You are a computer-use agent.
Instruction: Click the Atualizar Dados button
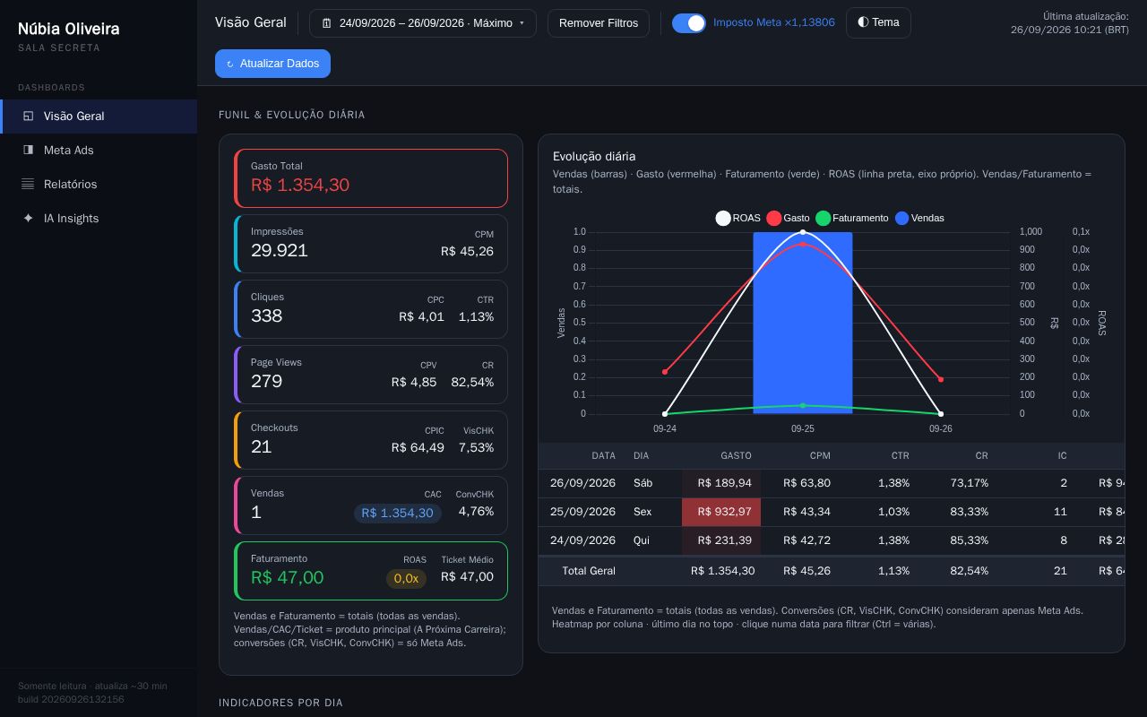tap(272, 64)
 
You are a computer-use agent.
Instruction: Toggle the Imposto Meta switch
tap(688, 23)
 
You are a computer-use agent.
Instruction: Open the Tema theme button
tap(878, 22)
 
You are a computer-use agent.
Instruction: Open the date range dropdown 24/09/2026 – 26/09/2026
tap(422, 23)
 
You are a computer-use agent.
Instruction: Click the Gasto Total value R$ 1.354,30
tap(300, 185)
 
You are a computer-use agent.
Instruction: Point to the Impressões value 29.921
tap(279, 250)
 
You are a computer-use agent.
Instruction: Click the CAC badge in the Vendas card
tap(397, 513)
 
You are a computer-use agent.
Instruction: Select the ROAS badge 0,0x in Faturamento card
tap(406, 578)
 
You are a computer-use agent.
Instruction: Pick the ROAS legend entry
tap(737, 218)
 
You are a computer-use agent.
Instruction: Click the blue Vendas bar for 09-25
tap(802, 323)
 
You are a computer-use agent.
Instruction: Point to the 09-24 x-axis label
tap(665, 428)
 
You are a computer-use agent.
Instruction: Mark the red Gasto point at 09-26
tap(941, 379)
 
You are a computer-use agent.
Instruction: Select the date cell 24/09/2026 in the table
tap(582, 540)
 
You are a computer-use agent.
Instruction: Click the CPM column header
tap(820, 456)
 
